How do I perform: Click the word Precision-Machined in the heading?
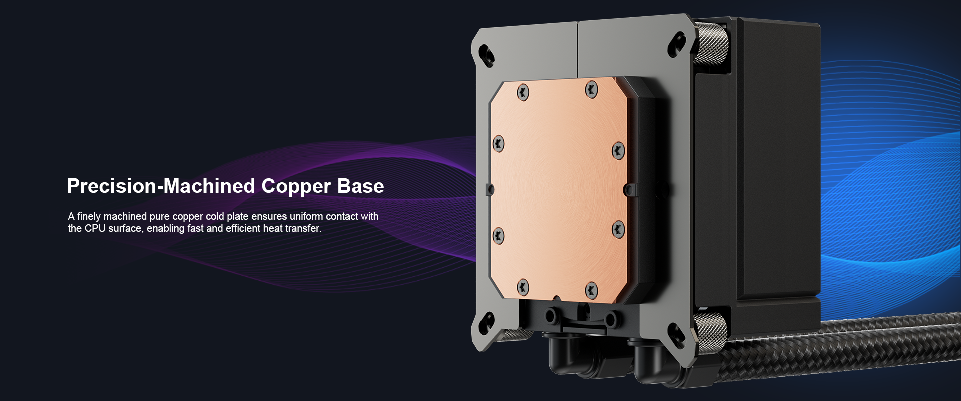pyautogui.click(x=161, y=186)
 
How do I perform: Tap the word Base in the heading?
pyautogui.click(x=360, y=186)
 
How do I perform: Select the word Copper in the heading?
pyautogui.click(x=296, y=188)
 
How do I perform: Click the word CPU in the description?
pyautogui.click(x=95, y=228)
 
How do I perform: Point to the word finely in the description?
pyautogui.click(x=89, y=216)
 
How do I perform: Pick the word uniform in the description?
pyautogui.click(x=306, y=216)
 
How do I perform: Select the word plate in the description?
pyautogui.click(x=237, y=216)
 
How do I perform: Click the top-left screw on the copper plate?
pyautogui.click(x=523, y=92)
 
